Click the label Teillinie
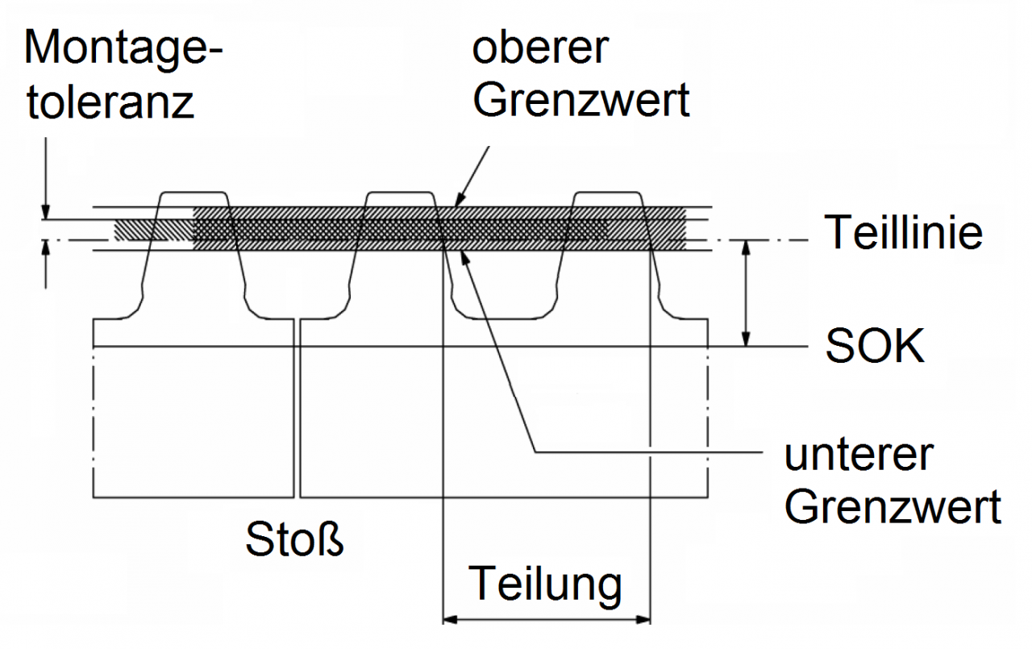903,233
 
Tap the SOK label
875,347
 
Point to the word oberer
539,48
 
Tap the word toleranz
110,102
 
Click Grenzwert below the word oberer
581,101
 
